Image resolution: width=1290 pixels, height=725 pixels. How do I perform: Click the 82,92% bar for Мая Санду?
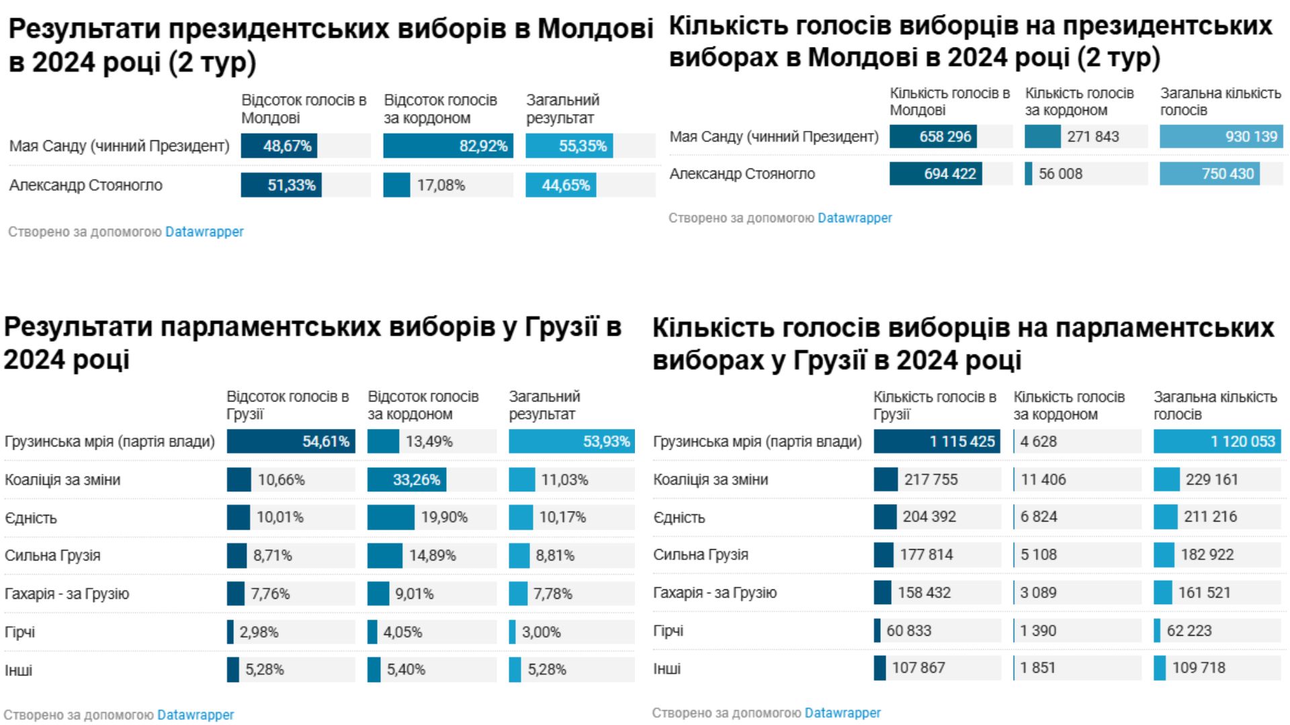pos(447,146)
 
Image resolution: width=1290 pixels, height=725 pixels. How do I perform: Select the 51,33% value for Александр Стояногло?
pos(291,185)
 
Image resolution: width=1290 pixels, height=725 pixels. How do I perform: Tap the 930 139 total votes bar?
pos(1221,137)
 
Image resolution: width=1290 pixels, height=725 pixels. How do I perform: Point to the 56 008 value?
pos(1060,174)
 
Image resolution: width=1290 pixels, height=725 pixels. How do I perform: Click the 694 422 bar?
pos(935,174)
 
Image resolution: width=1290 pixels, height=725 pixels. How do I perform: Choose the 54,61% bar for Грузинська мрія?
pos(290,442)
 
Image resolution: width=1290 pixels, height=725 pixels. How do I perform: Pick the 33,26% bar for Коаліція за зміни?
pos(406,480)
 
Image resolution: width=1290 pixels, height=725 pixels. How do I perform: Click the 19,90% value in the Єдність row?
pos(444,518)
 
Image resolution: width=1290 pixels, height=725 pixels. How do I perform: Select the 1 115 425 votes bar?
pos(936,442)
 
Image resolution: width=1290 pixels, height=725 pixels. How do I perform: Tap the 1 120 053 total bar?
pos(1217,442)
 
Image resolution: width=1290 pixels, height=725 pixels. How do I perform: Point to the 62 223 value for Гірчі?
pos(1189,631)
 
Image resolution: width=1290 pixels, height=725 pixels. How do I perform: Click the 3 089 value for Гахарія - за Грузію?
pos(1038,593)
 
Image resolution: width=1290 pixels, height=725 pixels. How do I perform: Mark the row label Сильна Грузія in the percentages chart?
pos(52,556)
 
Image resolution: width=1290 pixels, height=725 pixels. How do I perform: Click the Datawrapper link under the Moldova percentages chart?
pos(204,232)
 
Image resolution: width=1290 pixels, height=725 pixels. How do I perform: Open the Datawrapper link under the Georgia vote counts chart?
pos(842,713)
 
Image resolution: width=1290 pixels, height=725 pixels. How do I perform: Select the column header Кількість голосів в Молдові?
pos(949,101)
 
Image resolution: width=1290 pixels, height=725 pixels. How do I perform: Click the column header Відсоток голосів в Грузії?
pos(287,405)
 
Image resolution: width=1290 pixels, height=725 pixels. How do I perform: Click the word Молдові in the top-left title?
pos(595,29)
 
